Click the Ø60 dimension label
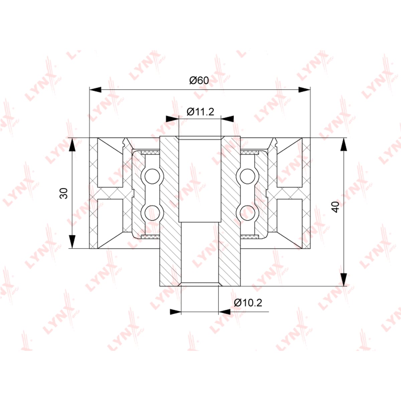click(x=199, y=81)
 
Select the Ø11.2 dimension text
click(x=200, y=112)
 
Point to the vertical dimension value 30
click(x=64, y=193)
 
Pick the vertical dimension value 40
click(x=336, y=207)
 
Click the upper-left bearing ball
click(x=152, y=176)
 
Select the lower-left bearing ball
click(x=152, y=213)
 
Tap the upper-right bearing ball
click(x=247, y=176)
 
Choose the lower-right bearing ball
click(x=247, y=213)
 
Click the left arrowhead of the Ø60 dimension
click(x=95, y=90)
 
